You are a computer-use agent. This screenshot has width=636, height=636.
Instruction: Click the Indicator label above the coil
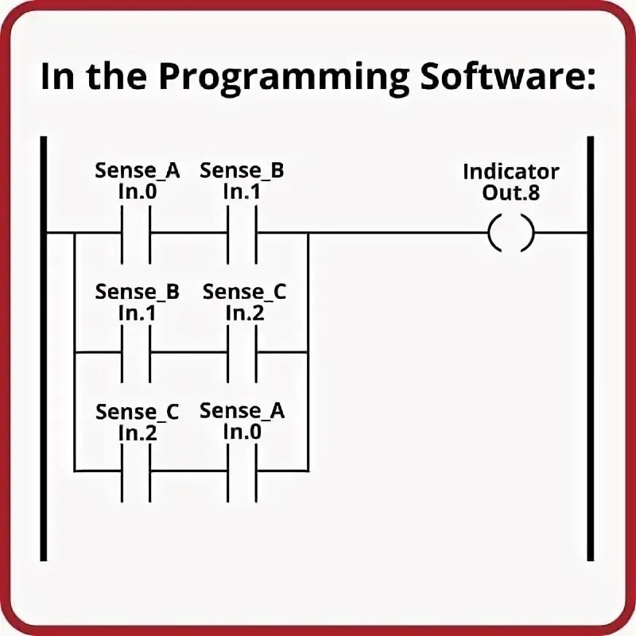511,171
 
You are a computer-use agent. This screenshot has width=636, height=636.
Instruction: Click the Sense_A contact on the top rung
136,234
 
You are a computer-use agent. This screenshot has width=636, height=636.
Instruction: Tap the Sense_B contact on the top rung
242,234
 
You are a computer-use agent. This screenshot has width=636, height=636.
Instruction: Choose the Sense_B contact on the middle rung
136,351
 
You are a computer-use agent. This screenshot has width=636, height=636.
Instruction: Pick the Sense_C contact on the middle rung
242,351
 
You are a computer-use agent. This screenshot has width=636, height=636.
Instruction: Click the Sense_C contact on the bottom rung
136,471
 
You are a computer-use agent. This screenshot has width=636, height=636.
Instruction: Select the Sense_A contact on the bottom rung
242,471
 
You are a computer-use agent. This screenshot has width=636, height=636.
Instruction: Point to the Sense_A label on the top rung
138,171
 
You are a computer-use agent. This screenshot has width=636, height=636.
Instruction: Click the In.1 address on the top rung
242,192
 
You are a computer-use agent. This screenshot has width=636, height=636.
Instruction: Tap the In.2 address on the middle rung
244,312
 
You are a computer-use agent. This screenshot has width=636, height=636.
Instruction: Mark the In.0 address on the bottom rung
242,432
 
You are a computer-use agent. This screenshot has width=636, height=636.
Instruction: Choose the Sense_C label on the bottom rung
138,413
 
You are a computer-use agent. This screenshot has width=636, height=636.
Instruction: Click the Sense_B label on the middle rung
138,292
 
